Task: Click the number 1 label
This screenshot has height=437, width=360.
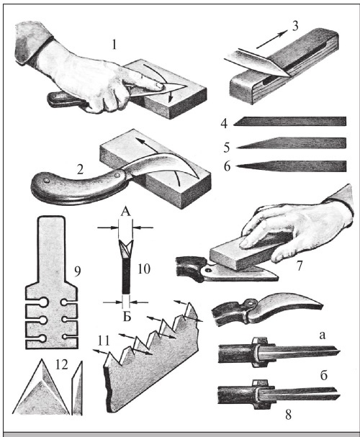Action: tap(114, 45)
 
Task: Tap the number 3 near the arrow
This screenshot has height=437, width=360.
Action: tap(294, 26)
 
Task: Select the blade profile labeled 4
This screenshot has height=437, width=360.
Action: tap(289, 121)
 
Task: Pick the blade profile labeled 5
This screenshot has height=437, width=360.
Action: tap(291, 143)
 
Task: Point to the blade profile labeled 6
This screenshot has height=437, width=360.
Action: tap(291, 166)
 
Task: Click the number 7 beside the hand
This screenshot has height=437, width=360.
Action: tap(300, 266)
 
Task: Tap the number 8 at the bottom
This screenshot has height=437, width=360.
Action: tap(288, 415)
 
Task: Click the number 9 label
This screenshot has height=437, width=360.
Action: tap(78, 271)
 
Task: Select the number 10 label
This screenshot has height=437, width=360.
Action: tap(144, 269)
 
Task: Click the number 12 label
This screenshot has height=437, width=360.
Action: tap(62, 364)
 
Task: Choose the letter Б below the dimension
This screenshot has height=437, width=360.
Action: tap(127, 317)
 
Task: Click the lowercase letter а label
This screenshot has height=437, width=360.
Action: tap(322, 335)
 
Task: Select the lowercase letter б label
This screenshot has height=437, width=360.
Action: tap(323, 376)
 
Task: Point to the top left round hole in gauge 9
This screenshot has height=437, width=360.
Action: tap(43, 302)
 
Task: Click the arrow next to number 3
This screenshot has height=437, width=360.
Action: tap(271, 40)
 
